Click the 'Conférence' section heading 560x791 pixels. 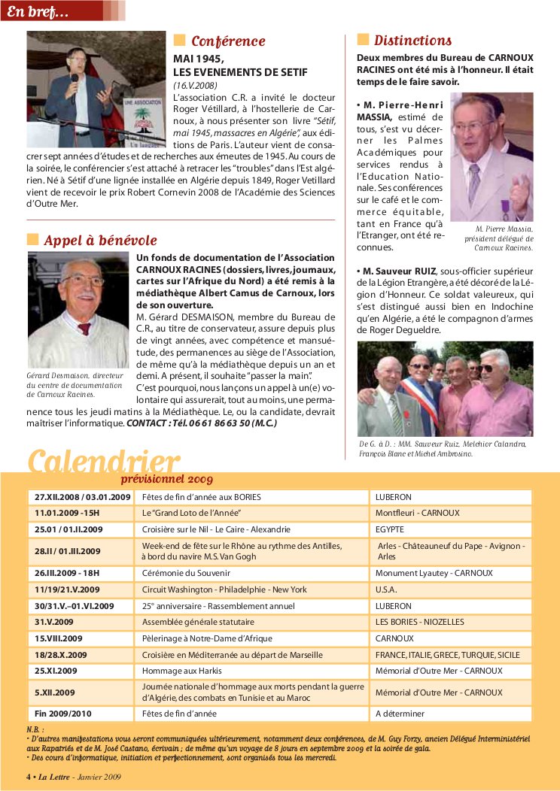227,41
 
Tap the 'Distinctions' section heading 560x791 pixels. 412,41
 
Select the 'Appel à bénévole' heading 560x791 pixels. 100,241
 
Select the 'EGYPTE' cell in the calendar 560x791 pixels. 390,529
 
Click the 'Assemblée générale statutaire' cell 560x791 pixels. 198,622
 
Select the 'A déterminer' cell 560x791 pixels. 400,714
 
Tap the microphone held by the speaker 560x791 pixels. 75,77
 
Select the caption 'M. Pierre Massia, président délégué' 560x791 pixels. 504,233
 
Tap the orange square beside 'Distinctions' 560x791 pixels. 363,40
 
